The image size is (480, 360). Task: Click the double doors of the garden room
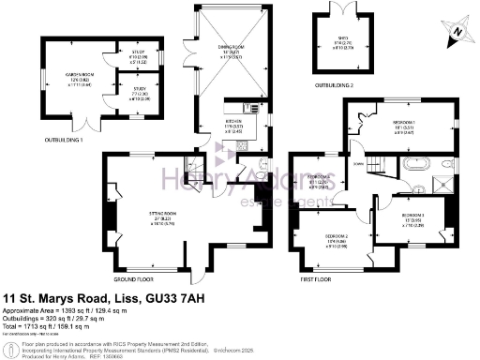click(79, 124)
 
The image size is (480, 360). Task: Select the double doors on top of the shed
click(347, 8)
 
